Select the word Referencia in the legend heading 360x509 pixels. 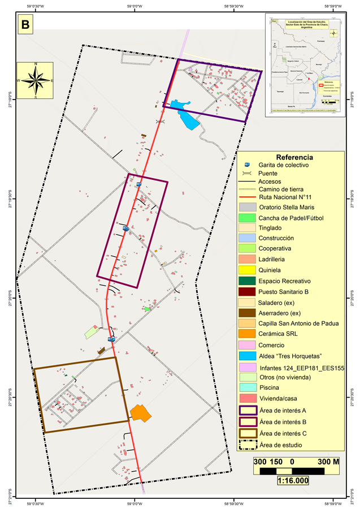(x=294, y=157)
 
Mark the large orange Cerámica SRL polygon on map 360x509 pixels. (x=140, y=413)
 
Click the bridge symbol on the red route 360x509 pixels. (x=161, y=121)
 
